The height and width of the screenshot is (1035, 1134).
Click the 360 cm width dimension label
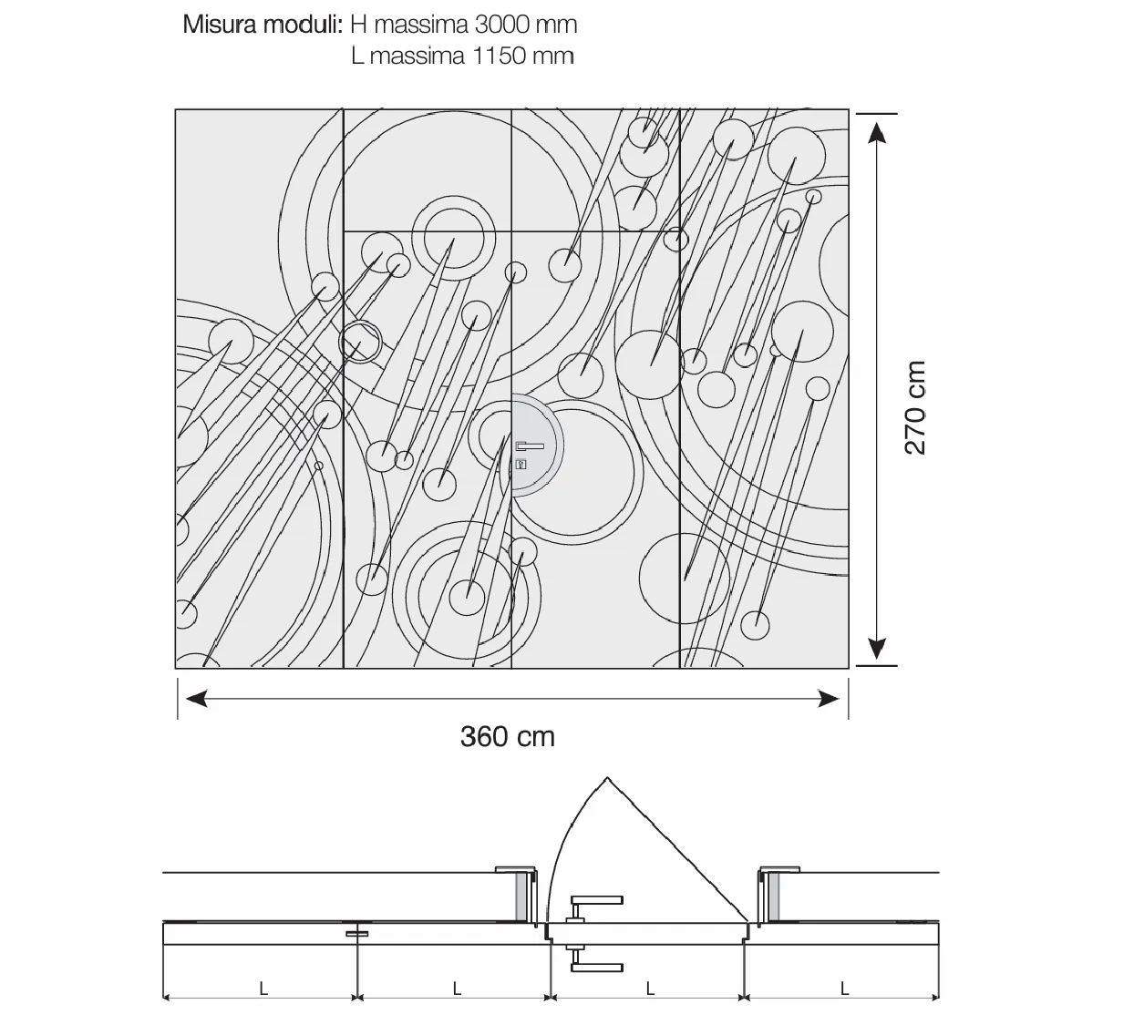pyautogui.click(x=507, y=737)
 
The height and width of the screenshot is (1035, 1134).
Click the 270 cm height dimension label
pyautogui.click(x=914, y=408)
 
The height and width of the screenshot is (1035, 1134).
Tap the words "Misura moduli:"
pyautogui.click(x=263, y=25)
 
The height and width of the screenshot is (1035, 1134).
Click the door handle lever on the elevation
pyautogui.click(x=530, y=446)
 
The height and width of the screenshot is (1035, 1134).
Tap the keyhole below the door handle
pyautogui.click(x=521, y=466)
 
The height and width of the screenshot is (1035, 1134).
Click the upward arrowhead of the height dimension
pyautogui.click(x=876, y=133)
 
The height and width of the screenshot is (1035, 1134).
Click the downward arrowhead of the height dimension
pyautogui.click(x=876, y=648)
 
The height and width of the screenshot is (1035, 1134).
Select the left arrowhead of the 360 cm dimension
pyautogui.click(x=196, y=699)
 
